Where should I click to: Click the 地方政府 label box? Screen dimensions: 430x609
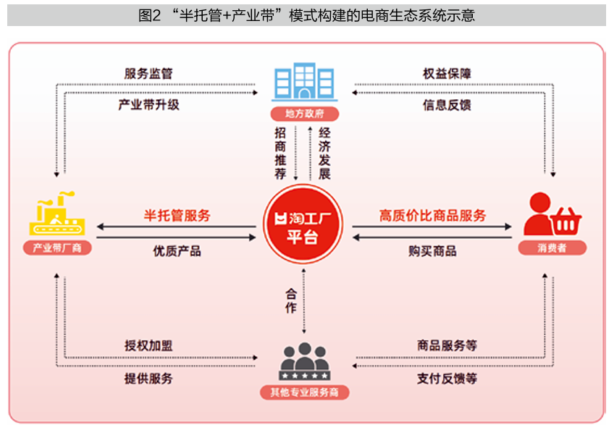tap(304, 114)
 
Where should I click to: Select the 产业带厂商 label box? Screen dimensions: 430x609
tap(57, 248)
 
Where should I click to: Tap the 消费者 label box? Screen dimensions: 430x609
tap(552, 248)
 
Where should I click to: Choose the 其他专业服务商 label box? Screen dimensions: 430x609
tap(304, 393)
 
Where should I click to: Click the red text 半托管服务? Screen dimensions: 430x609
tap(177, 215)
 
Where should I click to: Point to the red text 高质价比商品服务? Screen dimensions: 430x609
tap(432, 215)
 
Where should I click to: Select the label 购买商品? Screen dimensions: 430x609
tap(432, 251)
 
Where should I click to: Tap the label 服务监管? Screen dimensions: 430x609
tap(148, 74)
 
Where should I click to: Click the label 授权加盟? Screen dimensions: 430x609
tap(148, 345)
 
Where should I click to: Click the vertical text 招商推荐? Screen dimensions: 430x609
tap(281, 153)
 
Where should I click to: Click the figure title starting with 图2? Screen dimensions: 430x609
tap(306, 15)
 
